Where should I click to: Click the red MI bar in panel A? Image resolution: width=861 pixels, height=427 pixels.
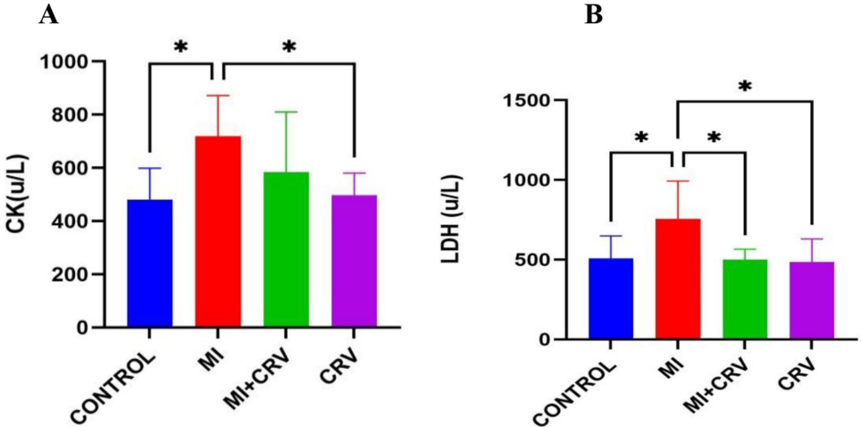click(218, 232)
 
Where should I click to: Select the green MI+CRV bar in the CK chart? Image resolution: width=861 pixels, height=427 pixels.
click(286, 250)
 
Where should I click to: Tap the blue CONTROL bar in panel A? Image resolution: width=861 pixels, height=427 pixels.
click(150, 264)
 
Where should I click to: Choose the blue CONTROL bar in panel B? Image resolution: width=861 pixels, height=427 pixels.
click(610, 299)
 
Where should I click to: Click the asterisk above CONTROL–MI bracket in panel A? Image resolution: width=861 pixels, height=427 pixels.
click(180, 46)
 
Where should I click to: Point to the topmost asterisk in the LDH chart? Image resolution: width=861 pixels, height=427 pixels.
click(745, 87)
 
